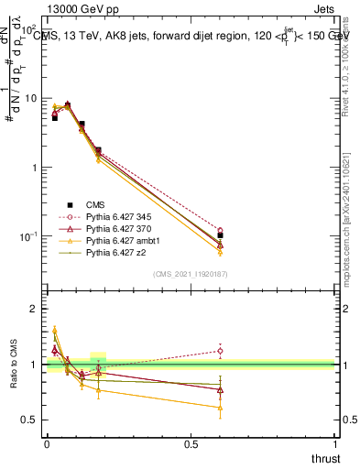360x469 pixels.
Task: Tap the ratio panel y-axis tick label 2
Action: [x=33, y=310]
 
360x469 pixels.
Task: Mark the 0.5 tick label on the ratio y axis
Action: [x=28, y=420]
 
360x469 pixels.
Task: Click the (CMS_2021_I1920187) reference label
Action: [x=191, y=274]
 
